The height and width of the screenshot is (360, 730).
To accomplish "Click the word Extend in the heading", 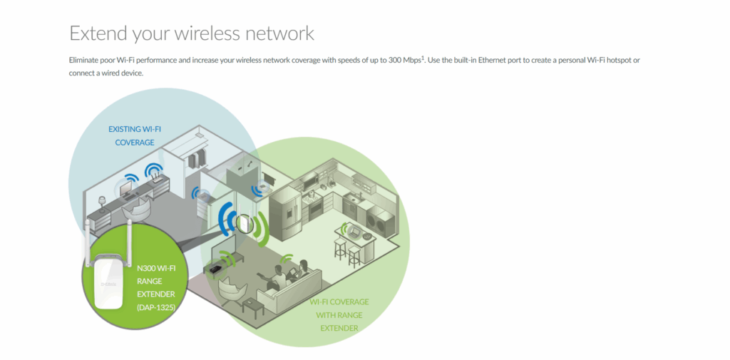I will (x=96, y=33).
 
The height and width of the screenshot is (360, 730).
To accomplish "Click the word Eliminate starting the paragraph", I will (x=87, y=61).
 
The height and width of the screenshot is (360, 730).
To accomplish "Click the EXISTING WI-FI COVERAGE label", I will (x=135, y=135).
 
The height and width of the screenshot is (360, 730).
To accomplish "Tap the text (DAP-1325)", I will (x=155, y=307).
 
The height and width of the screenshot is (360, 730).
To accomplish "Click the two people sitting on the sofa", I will (x=287, y=273).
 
